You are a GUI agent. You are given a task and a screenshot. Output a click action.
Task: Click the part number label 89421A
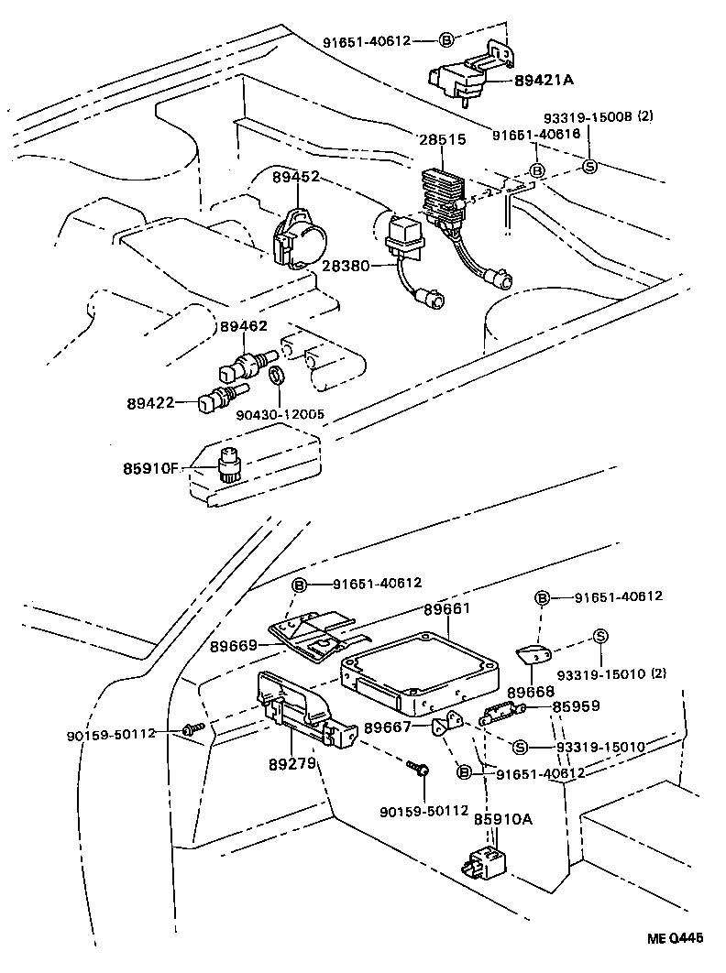coord(544,81)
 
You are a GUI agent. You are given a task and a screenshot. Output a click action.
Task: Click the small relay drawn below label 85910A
coord(484,862)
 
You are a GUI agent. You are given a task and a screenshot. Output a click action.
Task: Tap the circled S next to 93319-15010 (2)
coord(600,638)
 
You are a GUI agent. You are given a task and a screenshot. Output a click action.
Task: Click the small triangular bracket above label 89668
coord(533,653)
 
